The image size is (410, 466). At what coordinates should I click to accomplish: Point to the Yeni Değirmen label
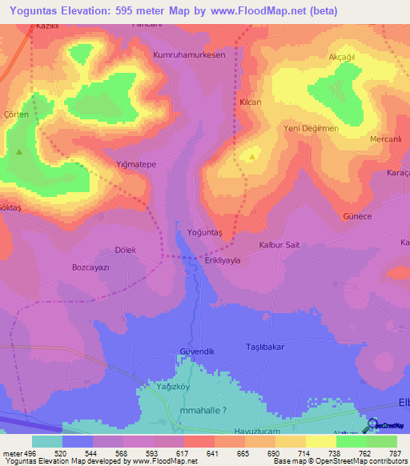pos(312,128)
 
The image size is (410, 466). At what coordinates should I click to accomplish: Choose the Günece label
pos(357,217)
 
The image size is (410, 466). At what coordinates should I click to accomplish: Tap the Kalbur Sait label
pos(279,245)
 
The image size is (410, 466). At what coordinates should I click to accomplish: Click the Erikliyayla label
pos(223,259)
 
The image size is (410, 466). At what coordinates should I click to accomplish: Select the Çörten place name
pos(16,115)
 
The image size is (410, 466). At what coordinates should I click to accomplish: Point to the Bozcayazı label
pos(90,267)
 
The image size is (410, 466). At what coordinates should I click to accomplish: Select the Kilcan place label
pos(251,102)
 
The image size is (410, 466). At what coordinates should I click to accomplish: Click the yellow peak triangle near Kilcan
pos(253,157)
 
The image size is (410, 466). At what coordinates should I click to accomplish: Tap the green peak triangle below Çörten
pos(19,151)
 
